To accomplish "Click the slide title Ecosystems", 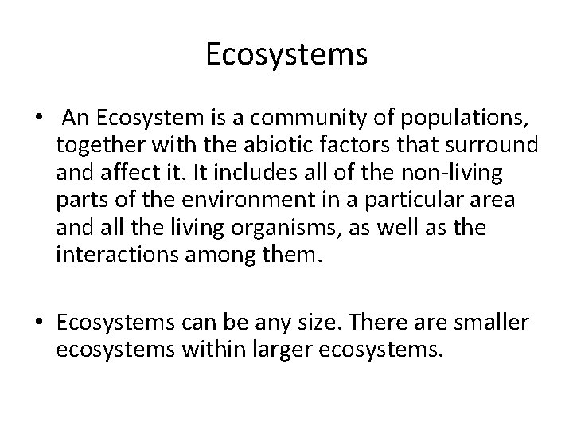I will click(x=286, y=55).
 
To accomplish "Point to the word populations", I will click(x=465, y=119).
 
